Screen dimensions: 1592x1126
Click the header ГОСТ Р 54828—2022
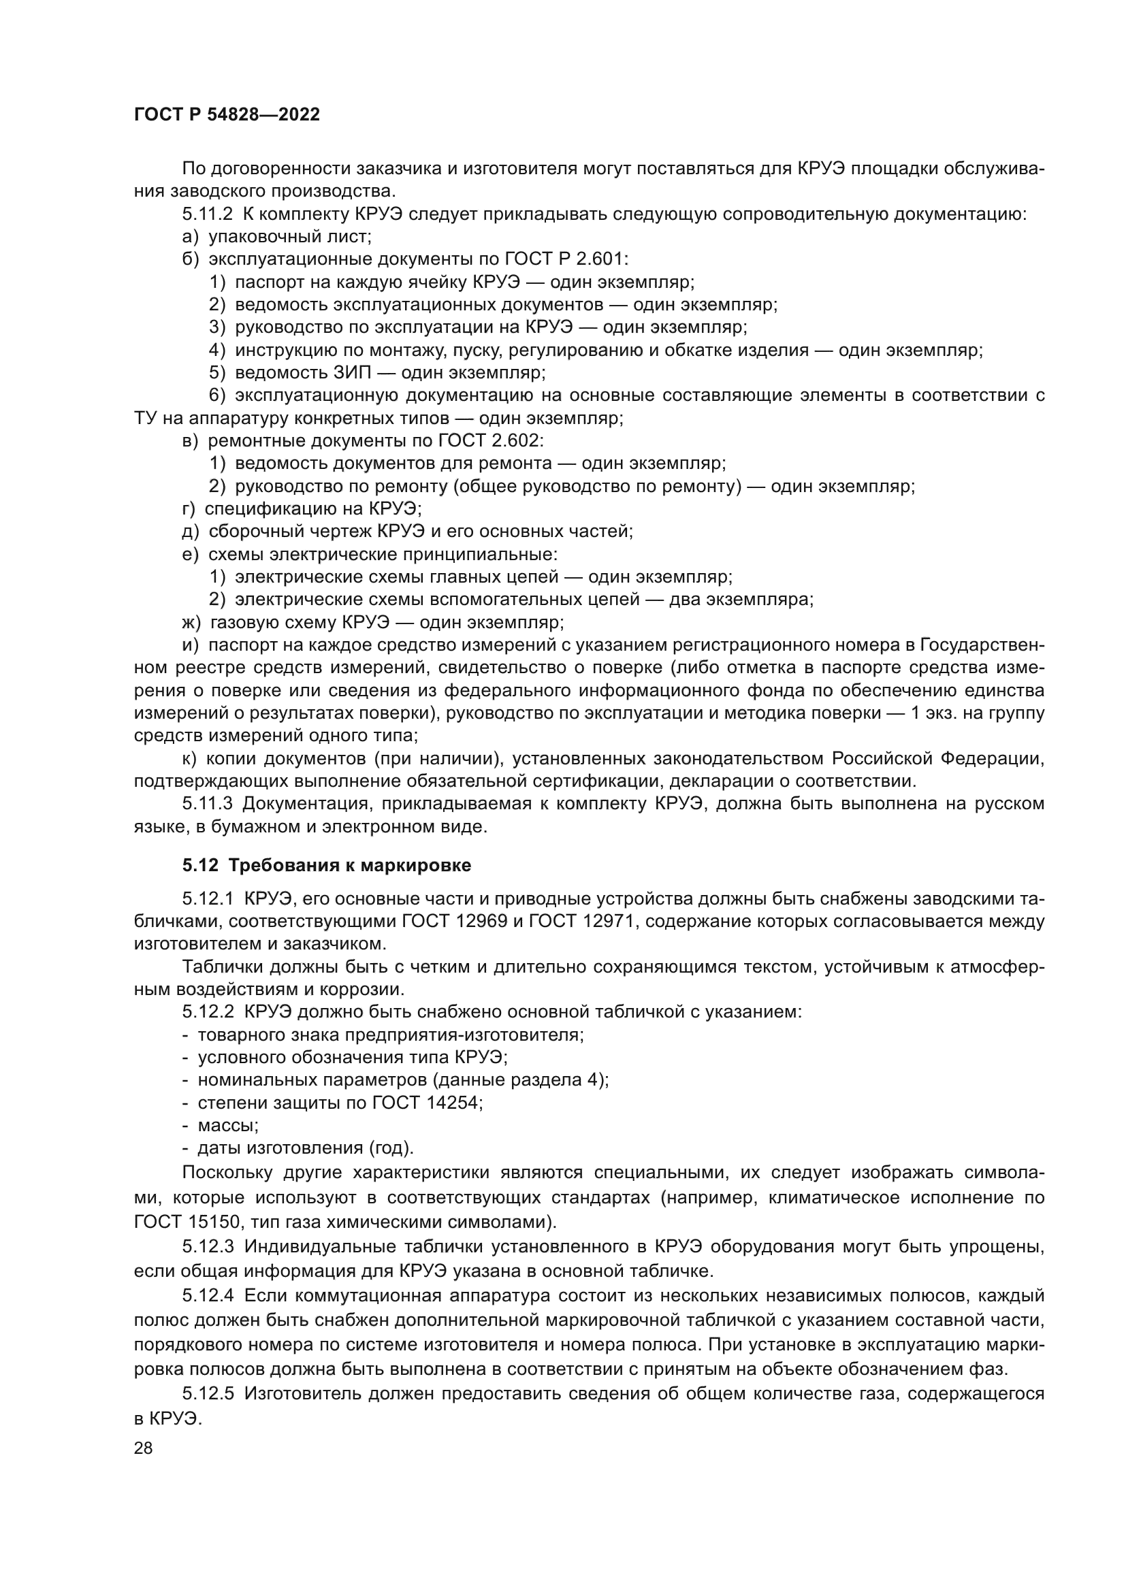pos(227,114)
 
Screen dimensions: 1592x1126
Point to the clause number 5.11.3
pos(208,804)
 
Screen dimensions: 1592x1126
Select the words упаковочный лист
pos(290,236)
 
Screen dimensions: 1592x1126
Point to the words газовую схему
pos(272,622)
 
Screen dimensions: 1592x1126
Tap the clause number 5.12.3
pos(209,1246)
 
